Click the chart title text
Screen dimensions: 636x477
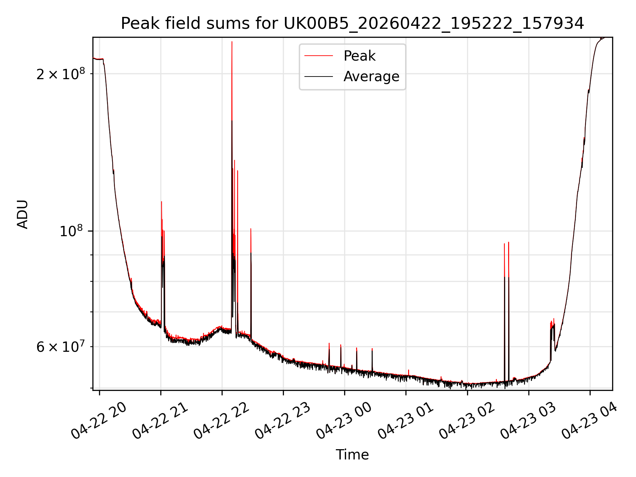(352, 24)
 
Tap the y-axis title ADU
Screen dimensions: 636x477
(23, 214)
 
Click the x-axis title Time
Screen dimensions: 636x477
(352, 454)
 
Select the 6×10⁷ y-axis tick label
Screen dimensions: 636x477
(61, 346)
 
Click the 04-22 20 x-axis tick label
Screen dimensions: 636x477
(99, 421)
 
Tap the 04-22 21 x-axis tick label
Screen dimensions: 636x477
(160, 421)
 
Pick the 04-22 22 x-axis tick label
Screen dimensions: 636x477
(221, 421)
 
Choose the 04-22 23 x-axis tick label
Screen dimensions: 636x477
(283, 421)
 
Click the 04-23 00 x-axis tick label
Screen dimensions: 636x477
(344, 421)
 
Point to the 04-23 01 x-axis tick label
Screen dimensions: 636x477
(405, 421)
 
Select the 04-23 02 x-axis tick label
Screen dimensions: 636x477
(467, 421)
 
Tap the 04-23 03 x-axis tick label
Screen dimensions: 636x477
(528, 421)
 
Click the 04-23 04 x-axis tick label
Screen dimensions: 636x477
(589, 421)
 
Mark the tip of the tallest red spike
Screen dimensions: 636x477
(232, 42)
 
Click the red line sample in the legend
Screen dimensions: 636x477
(319, 56)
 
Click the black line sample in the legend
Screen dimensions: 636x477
(319, 77)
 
